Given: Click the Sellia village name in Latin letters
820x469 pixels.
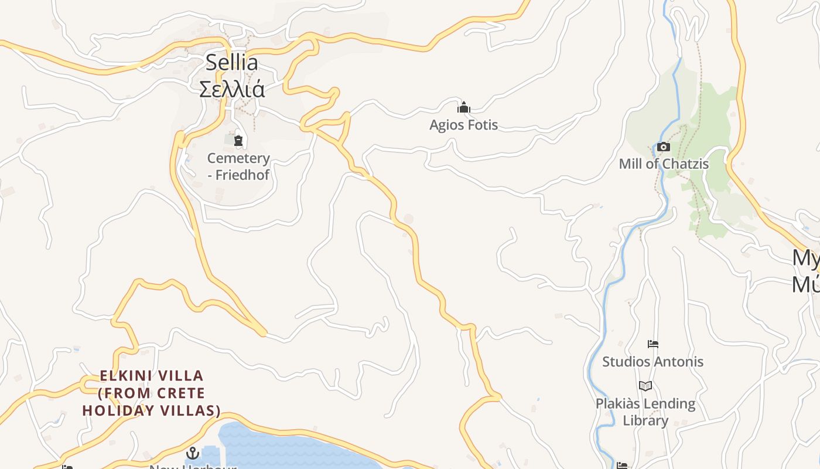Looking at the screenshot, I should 231,63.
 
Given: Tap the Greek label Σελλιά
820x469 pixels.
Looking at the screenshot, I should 232,89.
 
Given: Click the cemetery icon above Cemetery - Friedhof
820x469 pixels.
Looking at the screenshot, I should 238,141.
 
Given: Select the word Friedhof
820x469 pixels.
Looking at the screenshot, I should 242,175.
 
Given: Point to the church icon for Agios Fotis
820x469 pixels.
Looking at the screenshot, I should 464,107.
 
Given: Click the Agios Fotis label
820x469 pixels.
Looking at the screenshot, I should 463,125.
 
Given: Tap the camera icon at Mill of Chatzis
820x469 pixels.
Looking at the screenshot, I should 663,147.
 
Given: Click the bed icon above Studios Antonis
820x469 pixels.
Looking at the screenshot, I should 653,344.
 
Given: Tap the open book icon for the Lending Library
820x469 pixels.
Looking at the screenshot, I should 645,386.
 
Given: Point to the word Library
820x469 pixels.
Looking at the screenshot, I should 645,420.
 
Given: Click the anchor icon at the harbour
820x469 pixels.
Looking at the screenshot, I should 192,453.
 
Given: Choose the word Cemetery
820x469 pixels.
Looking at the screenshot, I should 238,158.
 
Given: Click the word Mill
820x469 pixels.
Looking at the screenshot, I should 631,164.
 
